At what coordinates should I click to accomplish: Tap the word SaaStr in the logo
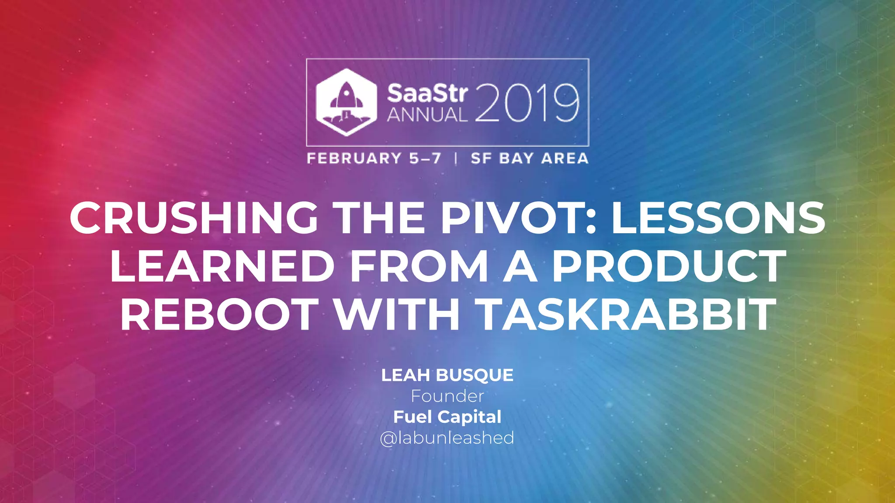point(427,93)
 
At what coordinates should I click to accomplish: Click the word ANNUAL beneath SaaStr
point(427,115)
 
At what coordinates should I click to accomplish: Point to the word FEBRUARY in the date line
point(354,158)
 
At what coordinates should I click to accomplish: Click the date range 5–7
point(425,158)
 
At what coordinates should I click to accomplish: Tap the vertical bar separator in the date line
point(456,158)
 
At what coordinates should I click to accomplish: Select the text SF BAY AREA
point(529,158)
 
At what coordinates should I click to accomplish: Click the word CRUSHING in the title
point(194,218)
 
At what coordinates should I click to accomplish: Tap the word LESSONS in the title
point(718,218)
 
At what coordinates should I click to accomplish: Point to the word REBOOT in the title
point(219,315)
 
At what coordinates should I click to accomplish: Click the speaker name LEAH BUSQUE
point(447,375)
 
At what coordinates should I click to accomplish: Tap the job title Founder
point(447,396)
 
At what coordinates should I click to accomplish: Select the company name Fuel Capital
point(447,417)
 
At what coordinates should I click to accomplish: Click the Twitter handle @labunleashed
point(447,438)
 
